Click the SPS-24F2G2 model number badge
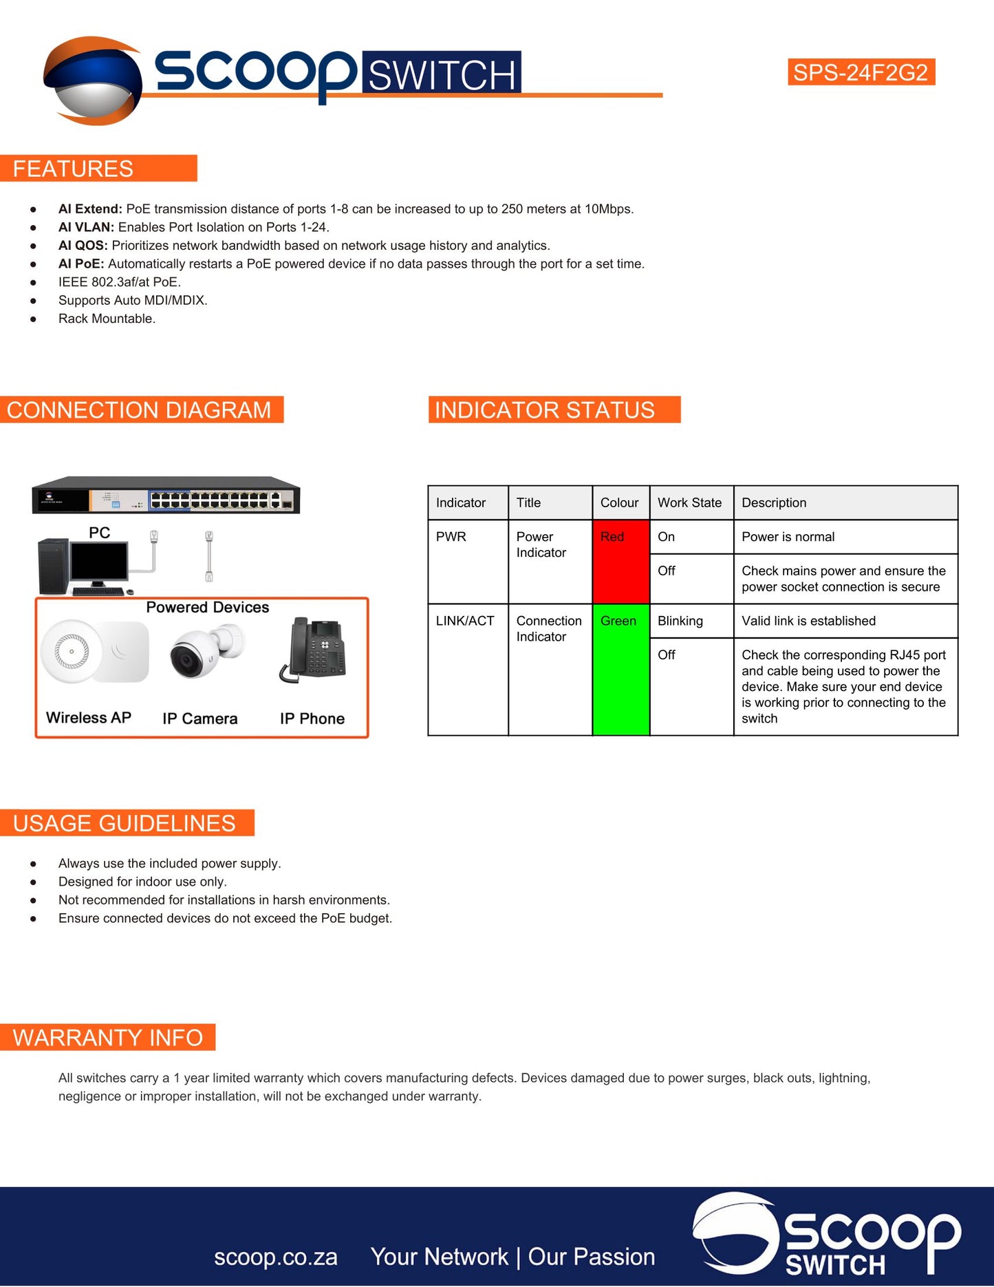pos(861,72)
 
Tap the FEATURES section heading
pos(73,169)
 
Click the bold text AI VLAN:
pos(86,227)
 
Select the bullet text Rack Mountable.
pos(107,319)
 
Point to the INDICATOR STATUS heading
pos(544,410)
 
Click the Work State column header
pos(689,502)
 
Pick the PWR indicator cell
pos(451,537)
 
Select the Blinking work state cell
pos(680,621)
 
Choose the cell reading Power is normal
pos(788,537)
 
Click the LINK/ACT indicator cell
pos(465,621)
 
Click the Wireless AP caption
pos(89,718)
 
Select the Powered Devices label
pos(207,607)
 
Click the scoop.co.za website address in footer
pos(275,1257)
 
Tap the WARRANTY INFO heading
pos(107,1037)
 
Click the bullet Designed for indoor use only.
pos(142,882)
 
